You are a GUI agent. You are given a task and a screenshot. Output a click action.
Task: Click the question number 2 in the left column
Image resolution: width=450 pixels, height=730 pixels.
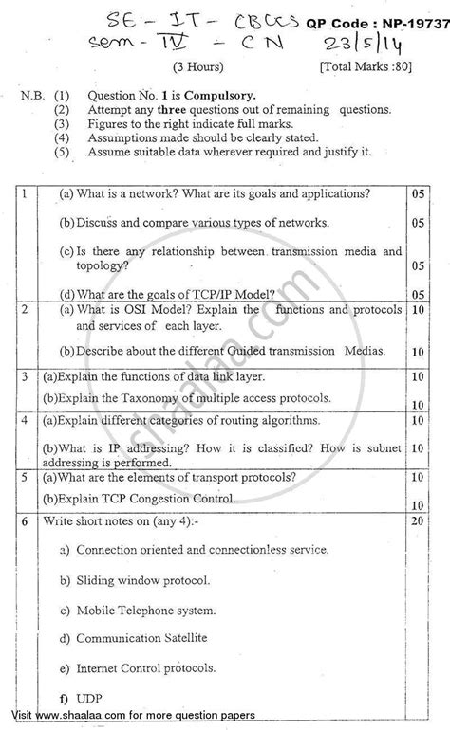tap(24, 309)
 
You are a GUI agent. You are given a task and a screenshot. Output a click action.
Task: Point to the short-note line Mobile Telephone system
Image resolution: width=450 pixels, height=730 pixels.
tap(146, 609)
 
